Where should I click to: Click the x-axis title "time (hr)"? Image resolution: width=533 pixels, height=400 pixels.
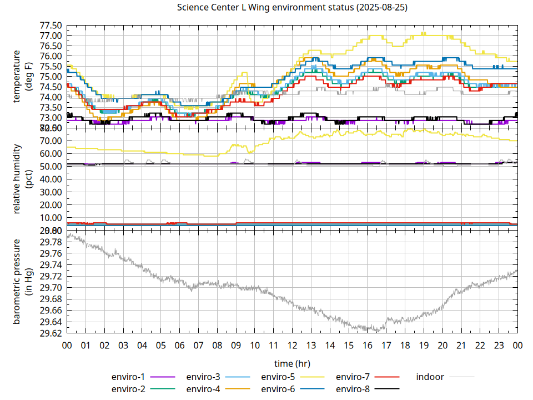click(292, 363)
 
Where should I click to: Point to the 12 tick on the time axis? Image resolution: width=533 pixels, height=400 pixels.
click(292, 345)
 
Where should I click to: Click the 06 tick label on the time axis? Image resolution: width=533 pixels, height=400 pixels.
click(179, 345)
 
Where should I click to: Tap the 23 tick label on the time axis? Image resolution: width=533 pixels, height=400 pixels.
click(499, 345)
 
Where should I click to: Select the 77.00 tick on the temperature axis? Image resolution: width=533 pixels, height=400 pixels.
click(51, 36)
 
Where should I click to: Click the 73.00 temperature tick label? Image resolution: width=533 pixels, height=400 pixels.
click(51, 118)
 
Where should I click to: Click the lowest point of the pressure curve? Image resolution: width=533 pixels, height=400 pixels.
click(378, 331)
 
